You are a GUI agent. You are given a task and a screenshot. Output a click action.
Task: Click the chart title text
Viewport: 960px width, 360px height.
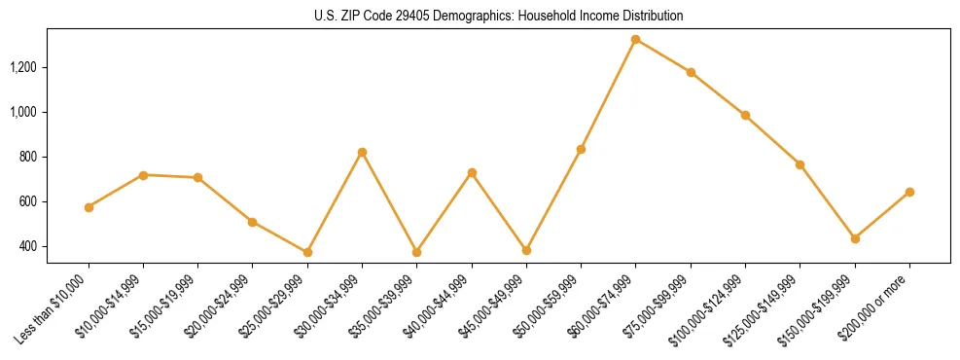[x=498, y=16]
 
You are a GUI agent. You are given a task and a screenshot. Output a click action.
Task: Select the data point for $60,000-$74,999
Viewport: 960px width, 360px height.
[x=635, y=40]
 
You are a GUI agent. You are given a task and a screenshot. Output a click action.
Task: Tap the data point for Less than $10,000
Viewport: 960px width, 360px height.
[x=89, y=207]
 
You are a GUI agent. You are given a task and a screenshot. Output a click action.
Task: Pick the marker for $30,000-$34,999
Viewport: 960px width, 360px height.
[x=362, y=152]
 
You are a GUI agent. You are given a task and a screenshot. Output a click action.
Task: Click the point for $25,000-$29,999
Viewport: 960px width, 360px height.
[x=307, y=252]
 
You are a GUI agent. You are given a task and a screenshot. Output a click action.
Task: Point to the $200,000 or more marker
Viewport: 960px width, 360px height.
[x=909, y=192]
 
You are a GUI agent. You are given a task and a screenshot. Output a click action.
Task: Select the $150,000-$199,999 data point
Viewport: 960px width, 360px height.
[x=855, y=238]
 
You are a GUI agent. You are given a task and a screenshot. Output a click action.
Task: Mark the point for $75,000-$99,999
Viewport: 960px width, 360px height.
[x=691, y=72]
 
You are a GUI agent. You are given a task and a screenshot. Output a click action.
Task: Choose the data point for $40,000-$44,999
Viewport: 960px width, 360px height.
[x=472, y=172]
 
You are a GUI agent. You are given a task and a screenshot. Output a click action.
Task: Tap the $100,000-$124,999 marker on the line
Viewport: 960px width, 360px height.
[x=745, y=115]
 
